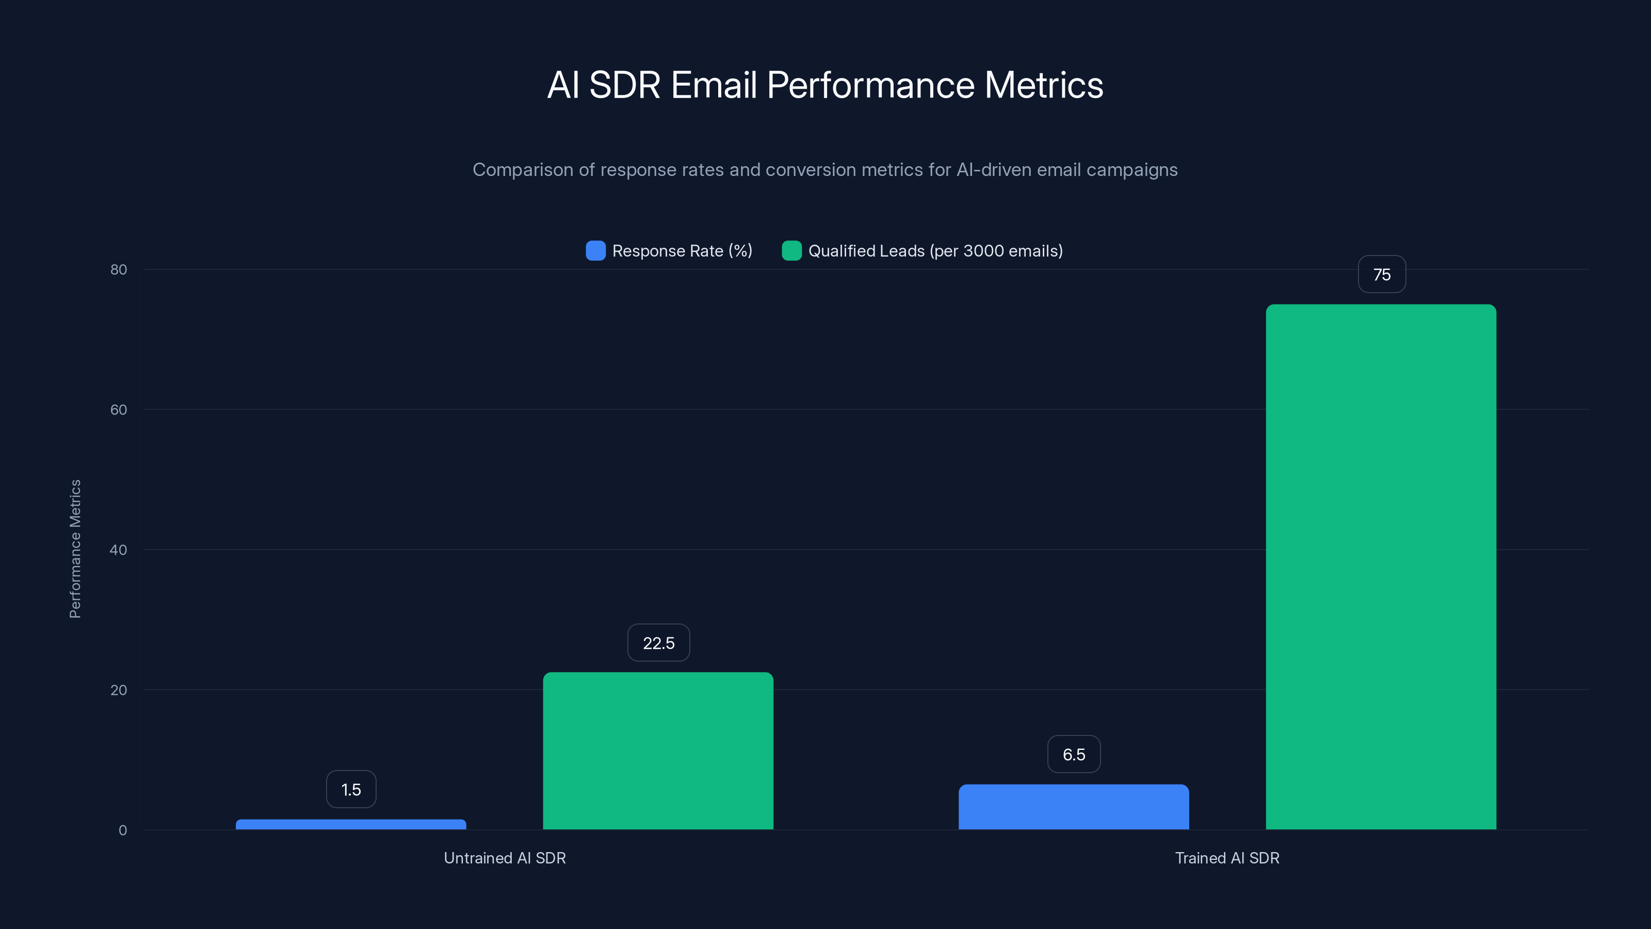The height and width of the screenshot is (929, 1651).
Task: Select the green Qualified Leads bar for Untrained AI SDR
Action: click(658, 750)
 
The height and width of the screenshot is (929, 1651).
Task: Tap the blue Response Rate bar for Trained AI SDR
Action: click(1074, 807)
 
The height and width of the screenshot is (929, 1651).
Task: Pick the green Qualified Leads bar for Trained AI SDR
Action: click(1381, 567)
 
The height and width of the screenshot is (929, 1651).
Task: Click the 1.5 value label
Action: click(351, 789)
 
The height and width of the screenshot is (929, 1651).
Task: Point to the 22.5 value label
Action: click(658, 643)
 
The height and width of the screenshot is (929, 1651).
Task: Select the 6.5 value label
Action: click(1074, 754)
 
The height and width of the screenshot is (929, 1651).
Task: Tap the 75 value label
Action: click(1381, 275)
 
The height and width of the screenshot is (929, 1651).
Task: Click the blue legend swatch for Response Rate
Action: click(595, 251)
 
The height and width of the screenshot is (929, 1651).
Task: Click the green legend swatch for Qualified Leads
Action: click(791, 251)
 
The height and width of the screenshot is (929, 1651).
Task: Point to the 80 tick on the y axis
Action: click(119, 269)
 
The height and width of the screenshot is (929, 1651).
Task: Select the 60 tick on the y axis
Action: click(119, 410)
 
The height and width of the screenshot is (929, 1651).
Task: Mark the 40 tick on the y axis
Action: click(119, 550)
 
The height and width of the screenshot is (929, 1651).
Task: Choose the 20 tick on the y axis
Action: click(119, 690)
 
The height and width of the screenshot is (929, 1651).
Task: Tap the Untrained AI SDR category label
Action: click(505, 858)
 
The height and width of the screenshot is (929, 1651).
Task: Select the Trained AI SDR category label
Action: click(1227, 858)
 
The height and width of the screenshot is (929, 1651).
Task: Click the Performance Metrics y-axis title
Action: click(75, 549)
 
